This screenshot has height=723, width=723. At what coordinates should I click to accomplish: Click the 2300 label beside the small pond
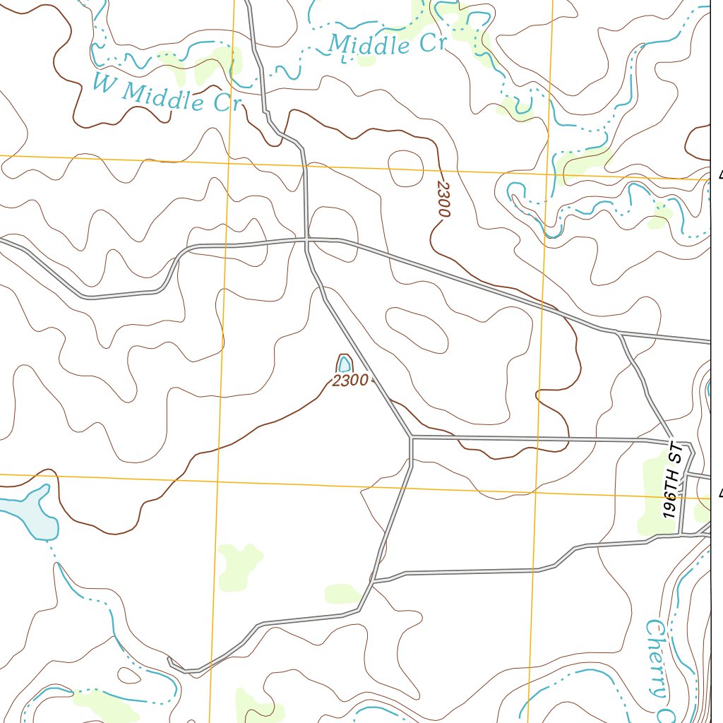(x=349, y=381)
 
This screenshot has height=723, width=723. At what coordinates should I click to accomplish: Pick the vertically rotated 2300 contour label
(x=443, y=199)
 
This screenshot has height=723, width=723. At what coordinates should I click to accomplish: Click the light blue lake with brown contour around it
(x=28, y=512)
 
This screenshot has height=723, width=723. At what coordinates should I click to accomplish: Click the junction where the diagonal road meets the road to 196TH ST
(x=412, y=438)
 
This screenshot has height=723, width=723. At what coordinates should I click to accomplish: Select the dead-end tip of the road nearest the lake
(x=169, y=660)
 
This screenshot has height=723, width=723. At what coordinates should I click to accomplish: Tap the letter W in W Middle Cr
(x=104, y=83)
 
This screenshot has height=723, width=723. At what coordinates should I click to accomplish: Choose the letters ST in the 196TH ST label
(x=676, y=453)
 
